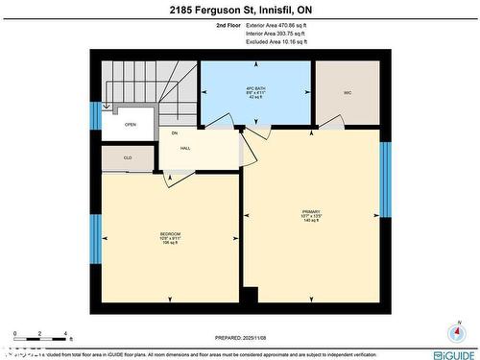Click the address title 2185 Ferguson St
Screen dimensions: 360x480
pyautogui.click(x=240, y=11)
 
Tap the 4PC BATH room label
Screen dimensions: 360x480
pyautogui.click(x=254, y=93)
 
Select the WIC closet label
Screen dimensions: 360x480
pyautogui.click(x=348, y=93)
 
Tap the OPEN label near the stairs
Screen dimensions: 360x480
pyautogui.click(x=130, y=124)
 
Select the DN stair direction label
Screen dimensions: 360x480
pyautogui.click(x=175, y=132)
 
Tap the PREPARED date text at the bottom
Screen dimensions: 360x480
pyautogui.click(x=240, y=337)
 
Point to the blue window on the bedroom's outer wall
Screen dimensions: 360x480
pyautogui.click(x=95, y=239)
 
